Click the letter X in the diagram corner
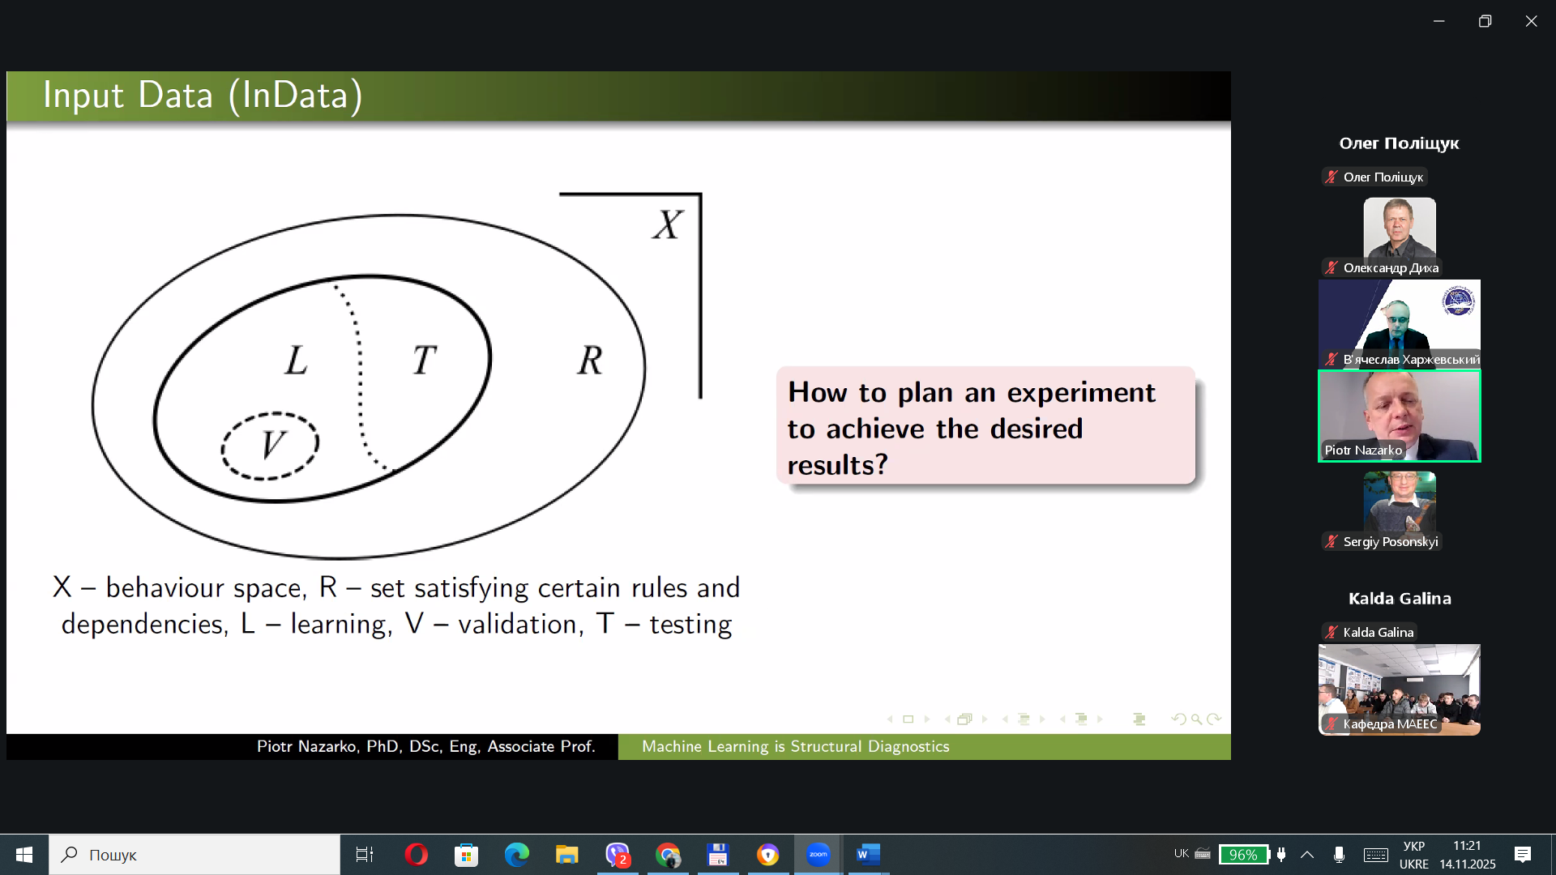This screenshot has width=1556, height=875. point(668,224)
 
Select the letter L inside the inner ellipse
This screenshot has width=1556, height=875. point(296,360)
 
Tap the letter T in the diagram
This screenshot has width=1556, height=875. point(424,360)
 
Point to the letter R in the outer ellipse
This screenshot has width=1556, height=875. point(590,360)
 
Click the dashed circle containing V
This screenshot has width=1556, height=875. point(223,446)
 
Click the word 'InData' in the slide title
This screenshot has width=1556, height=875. point(296,95)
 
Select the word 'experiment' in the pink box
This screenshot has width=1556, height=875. point(1081,393)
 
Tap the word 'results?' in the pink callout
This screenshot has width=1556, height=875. point(838,465)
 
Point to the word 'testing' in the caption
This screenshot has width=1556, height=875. point(690,625)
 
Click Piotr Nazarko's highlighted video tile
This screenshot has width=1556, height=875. point(1400,416)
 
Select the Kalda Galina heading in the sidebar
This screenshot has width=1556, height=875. point(1400,599)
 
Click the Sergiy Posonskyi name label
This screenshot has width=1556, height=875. point(1391,541)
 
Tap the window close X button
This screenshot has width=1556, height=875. point(1531,21)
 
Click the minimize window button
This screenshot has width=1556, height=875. point(1438,21)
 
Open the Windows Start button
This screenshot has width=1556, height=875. point(24,855)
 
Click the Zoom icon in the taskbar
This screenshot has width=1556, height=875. point(818,854)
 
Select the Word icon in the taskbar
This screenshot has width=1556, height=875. point(868,854)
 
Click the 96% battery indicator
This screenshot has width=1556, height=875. point(1243,855)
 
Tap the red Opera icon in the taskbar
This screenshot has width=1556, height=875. point(416,854)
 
